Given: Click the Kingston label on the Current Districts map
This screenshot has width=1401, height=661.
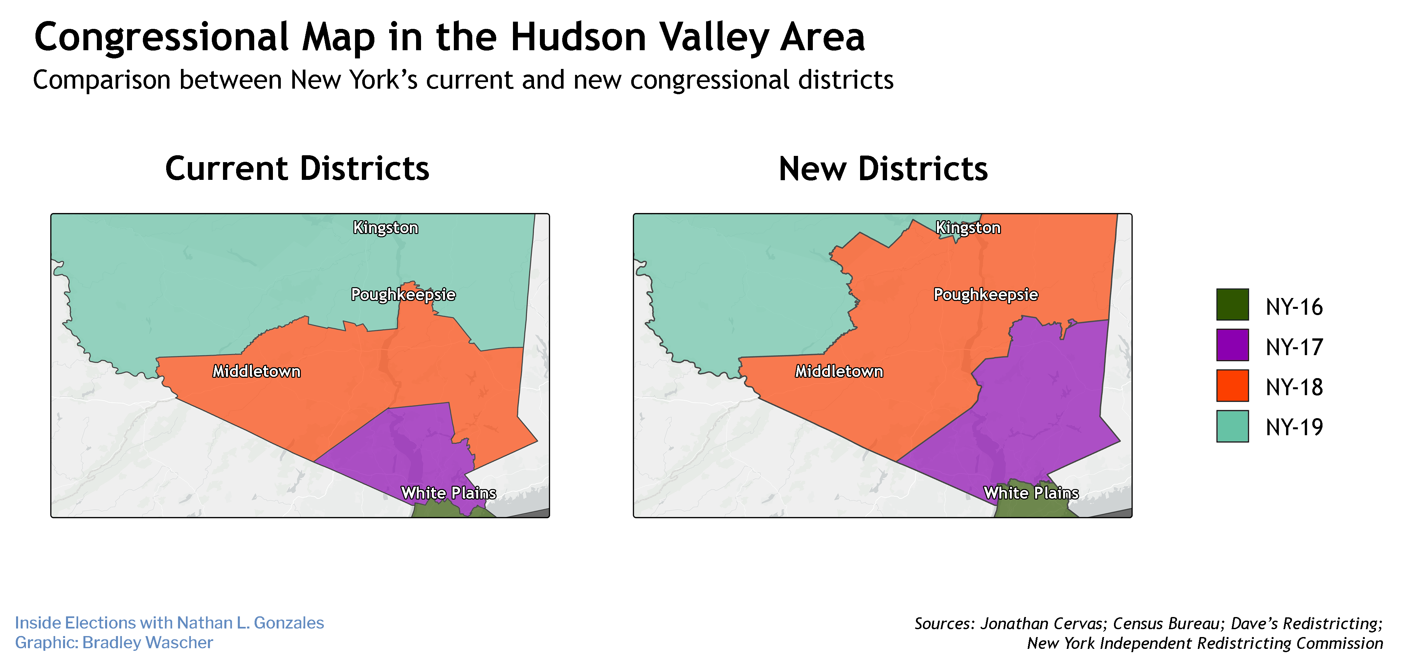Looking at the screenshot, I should pos(386,228).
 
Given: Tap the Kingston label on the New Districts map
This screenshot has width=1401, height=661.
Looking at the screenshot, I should pos(968,228).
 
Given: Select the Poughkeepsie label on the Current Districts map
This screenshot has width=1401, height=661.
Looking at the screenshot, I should pos(403,295).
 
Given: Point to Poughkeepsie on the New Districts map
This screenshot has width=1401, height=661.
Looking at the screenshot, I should pos(986,295).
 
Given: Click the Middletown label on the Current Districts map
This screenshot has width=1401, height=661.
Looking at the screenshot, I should pos(256,371).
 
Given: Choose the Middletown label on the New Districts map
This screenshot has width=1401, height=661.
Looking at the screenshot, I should pos(839,371).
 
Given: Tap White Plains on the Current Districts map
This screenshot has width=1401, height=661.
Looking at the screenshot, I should pos(449,493).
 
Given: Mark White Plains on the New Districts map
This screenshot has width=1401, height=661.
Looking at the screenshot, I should pos(1031,493).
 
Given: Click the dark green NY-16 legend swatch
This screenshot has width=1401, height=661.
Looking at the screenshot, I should pos(1232,305).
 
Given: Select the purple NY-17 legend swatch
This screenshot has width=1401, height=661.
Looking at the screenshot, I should pos(1232,345).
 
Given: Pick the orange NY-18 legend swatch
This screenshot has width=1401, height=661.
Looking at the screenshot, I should pos(1232,385).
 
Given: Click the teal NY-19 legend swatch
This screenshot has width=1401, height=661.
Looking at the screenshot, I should pos(1232,426).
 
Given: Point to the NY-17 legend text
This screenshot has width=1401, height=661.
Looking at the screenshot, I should pos(1294,347).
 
